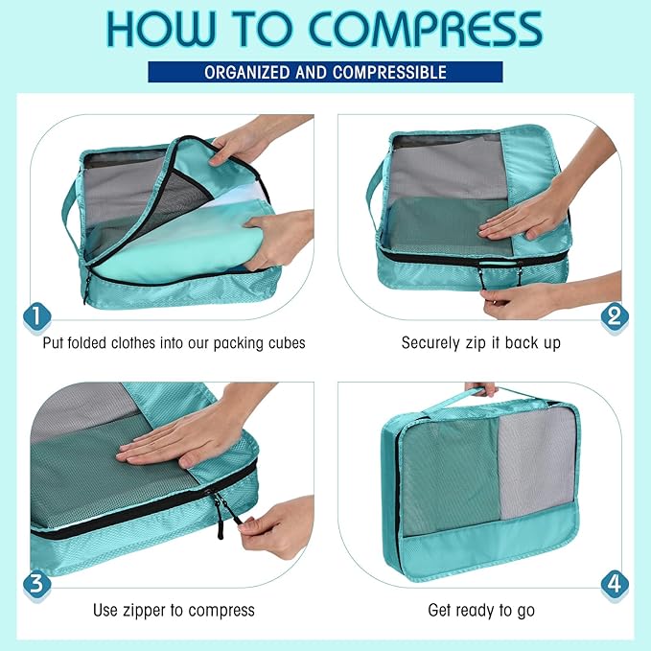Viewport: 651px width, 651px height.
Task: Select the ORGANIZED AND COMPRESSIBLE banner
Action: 325,73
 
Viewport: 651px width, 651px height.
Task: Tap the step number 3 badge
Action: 36,583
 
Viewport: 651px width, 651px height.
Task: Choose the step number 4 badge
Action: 614,583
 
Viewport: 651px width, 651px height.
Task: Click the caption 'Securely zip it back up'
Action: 480,342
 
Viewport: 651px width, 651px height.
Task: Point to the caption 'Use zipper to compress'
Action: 174,610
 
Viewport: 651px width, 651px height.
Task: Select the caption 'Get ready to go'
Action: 480,610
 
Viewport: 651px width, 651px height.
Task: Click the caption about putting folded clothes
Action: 174,342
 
